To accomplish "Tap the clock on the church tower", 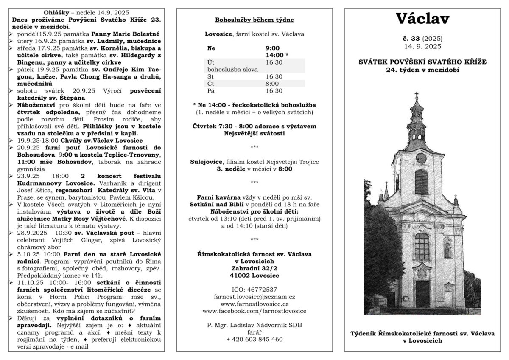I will (421, 157).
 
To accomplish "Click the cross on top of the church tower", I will (416, 95).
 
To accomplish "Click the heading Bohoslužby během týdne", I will (255, 20).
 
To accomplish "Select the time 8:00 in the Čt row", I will (273, 84).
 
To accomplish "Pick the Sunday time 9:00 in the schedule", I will (273, 48).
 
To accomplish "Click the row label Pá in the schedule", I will (210, 90).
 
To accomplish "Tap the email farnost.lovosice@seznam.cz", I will (255, 297).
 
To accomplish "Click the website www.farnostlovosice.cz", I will (255, 304).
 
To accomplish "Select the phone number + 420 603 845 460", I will (255, 339).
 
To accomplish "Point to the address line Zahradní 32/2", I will (255, 268).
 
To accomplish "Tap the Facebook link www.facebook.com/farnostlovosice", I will (255, 311).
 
